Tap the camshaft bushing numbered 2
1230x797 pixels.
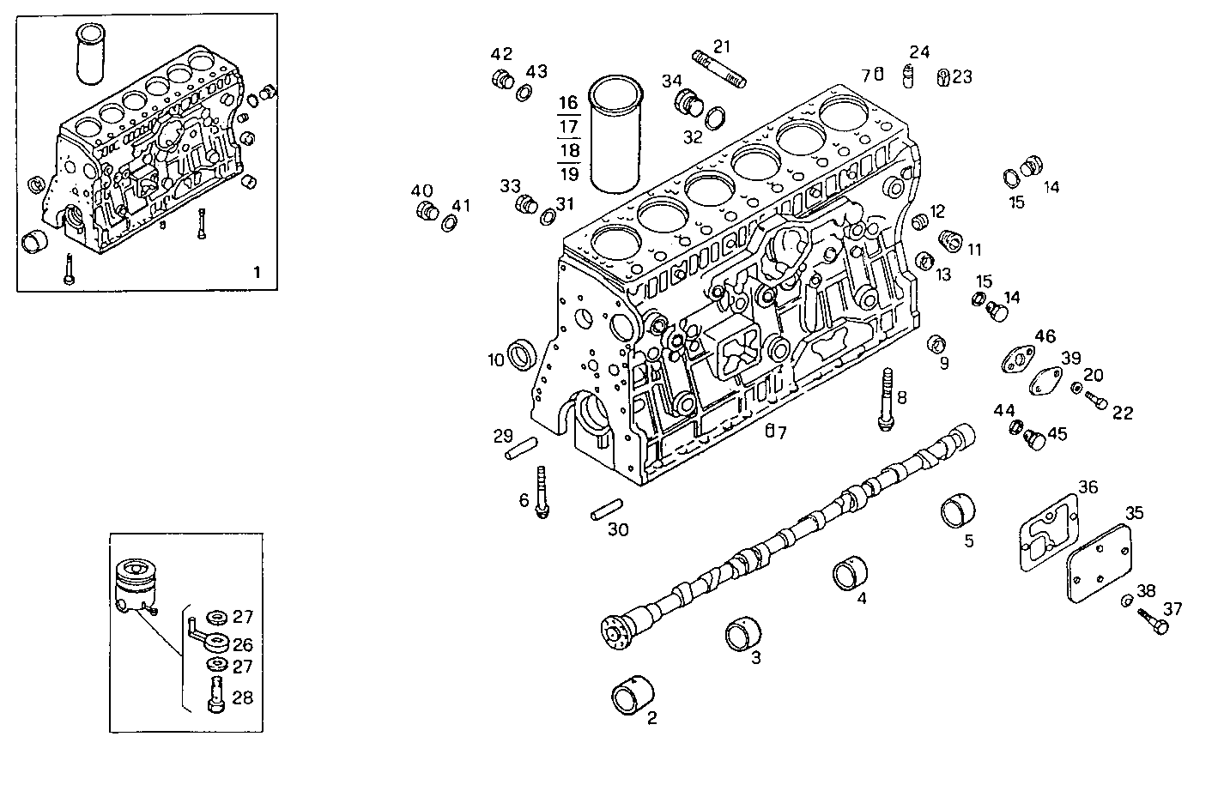point(633,694)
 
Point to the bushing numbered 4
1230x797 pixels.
point(851,574)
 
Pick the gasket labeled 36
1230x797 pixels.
point(1047,532)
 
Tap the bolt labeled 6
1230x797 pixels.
point(542,492)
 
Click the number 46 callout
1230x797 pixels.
point(1045,336)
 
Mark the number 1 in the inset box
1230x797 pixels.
point(256,273)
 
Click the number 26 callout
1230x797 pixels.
point(243,643)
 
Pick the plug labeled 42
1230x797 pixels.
point(502,80)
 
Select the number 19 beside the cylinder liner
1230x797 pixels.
point(568,173)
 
